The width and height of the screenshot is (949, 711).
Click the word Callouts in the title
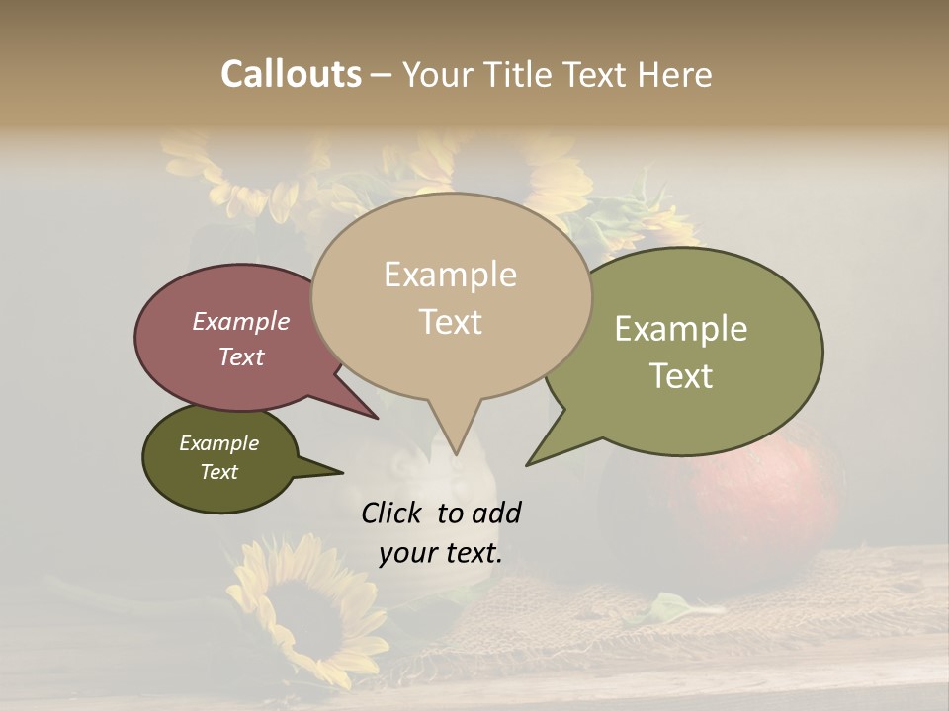coord(291,74)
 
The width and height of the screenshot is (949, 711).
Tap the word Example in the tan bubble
coord(450,276)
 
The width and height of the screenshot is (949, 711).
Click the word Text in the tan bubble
coord(450,322)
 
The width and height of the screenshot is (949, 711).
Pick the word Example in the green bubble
coord(681,329)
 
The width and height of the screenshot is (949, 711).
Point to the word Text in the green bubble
coord(681,375)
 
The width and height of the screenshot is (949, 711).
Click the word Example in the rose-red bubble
coord(241,322)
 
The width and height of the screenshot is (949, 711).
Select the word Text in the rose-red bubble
coord(241,357)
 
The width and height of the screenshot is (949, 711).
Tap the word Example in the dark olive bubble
coord(219,443)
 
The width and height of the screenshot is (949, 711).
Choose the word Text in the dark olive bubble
coord(219,472)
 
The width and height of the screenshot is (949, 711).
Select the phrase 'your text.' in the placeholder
coord(441,553)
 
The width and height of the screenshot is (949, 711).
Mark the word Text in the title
coord(596,74)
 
